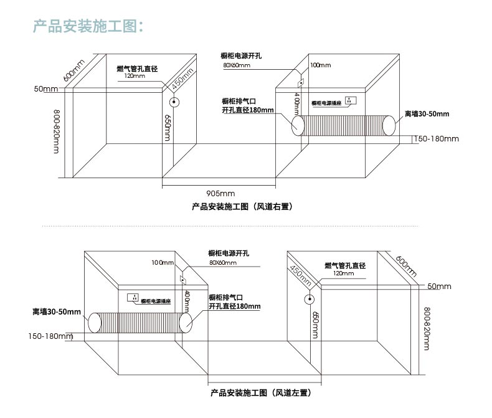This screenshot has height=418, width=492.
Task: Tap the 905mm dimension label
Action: coord(220,192)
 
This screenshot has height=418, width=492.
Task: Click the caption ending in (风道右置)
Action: coord(242,206)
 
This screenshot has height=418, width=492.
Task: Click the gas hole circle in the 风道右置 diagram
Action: coord(174,103)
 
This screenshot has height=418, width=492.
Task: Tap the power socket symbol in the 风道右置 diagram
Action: coord(351,100)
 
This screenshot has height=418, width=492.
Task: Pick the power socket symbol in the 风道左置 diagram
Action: coord(132,297)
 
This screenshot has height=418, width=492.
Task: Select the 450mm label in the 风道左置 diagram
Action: coord(300,275)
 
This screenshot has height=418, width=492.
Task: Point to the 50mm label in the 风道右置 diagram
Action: coord(45,89)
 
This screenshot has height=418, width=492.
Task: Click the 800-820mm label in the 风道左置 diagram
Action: coord(426,328)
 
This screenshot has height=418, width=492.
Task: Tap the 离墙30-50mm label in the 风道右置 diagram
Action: coord(427,114)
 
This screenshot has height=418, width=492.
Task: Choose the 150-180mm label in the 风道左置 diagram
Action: coord(50,336)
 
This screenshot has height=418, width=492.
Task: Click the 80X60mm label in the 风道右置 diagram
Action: coord(237,65)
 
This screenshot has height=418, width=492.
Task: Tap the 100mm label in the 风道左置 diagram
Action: coord(163,262)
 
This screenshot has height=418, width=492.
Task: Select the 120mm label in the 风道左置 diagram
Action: coord(343,273)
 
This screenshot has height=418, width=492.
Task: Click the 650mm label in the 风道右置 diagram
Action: coord(168,128)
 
